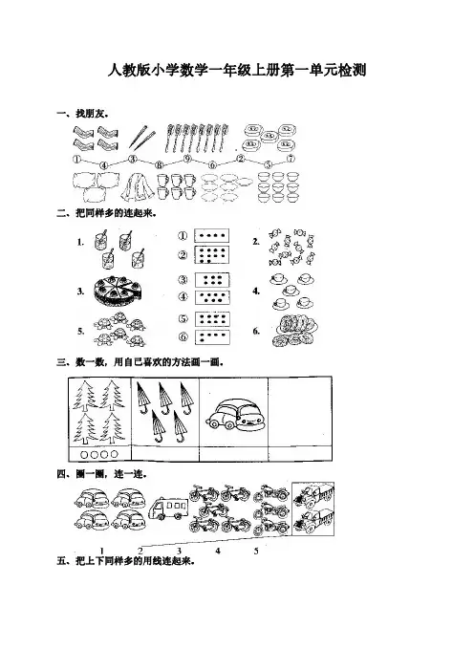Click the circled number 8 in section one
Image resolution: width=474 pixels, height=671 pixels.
point(160,164)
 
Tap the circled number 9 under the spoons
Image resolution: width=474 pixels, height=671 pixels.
point(187,159)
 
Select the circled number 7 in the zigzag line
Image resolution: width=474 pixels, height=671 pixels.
point(291,159)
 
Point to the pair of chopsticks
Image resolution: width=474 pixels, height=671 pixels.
point(142,136)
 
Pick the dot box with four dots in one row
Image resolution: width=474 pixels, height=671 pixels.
point(212,235)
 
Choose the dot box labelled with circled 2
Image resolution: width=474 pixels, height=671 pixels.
point(212,255)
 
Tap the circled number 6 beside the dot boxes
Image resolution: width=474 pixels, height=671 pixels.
point(183,336)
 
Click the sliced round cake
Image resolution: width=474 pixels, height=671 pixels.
point(117,290)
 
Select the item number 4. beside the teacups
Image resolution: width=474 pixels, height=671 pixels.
point(256,292)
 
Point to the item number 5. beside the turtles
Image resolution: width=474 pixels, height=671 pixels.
point(80,331)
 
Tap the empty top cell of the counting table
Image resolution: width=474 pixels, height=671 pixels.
point(300,412)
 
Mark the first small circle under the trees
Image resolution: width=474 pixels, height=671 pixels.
point(84,454)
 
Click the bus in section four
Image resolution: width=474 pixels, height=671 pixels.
point(168,508)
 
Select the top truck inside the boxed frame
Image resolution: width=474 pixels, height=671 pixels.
point(312,495)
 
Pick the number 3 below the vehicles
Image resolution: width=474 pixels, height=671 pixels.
point(179,551)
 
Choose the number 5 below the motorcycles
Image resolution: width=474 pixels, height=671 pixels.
point(256,551)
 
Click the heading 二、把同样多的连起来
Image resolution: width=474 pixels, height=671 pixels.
point(106,213)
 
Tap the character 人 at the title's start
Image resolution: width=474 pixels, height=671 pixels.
point(115,70)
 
